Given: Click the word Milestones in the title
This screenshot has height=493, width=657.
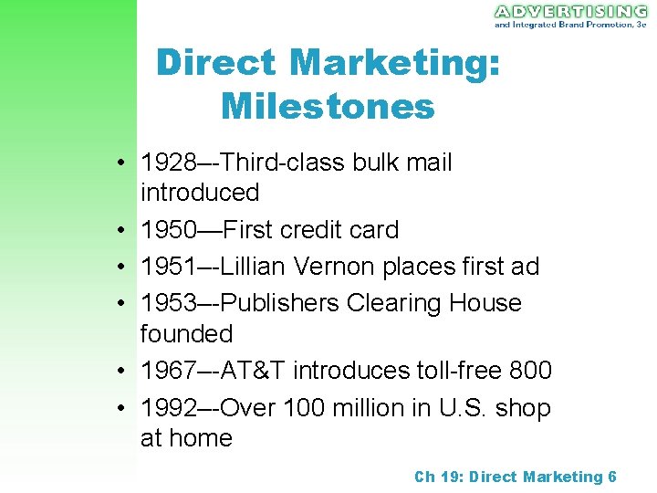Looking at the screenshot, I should coord(328,106).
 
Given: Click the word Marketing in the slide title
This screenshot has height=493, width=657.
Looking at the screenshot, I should coord(394,63).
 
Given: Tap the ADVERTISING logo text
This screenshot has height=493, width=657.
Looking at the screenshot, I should coord(570,12).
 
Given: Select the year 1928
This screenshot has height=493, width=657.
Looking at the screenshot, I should coord(168,163).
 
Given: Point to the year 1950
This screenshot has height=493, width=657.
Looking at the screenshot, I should coord(168,230).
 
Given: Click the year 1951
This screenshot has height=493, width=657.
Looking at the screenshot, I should coord(168,267).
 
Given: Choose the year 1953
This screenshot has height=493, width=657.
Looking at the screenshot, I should coord(168,303).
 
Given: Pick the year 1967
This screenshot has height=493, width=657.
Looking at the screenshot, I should coord(168,371).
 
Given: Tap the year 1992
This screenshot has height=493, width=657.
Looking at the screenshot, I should coord(168,407).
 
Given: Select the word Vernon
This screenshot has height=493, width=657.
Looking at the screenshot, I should coord(328,267).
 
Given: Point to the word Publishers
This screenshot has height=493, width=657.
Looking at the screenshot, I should coord(269,303).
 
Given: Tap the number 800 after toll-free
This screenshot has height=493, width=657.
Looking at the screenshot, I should coord(530,371).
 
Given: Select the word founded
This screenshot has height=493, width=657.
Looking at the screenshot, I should coord(186,334).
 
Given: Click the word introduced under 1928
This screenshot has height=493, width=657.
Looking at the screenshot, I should coord(199,194).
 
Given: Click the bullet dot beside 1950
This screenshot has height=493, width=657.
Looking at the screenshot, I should coord(120,231).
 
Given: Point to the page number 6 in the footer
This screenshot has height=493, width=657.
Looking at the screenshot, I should coord(611,477).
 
